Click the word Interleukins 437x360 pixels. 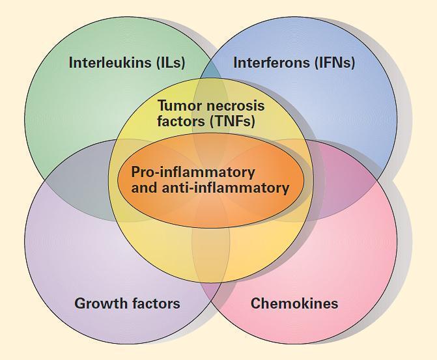click(x=110, y=63)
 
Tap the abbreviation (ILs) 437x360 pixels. click(x=171, y=63)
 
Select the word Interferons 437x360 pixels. click(x=270, y=63)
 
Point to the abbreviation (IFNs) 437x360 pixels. click(x=333, y=63)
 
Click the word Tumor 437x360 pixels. click(x=180, y=105)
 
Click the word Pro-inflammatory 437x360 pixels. click(x=193, y=173)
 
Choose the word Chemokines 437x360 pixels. click(x=294, y=303)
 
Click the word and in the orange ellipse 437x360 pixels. click(x=145, y=188)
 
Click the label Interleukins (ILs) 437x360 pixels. click(x=127, y=63)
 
